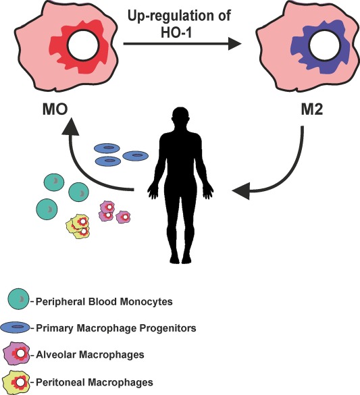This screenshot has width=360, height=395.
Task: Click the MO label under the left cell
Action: [x=55, y=110]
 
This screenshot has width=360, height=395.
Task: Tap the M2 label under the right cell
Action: [x=312, y=110]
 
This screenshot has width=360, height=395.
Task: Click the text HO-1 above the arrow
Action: [x=176, y=32]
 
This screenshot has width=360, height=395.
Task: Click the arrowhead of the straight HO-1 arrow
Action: [x=235, y=44]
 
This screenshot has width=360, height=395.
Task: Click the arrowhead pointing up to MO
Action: [x=70, y=126]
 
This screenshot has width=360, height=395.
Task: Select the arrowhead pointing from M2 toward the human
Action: [x=241, y=190]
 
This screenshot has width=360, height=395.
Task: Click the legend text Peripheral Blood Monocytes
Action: [x=104, y=302]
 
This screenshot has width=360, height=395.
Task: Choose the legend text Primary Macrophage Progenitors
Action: [x=116, y=328]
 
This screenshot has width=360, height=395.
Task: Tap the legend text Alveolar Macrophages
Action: [x=90, y=354]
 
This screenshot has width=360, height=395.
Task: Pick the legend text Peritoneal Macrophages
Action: [x=95, y=382]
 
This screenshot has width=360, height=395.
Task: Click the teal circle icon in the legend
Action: [x=18, y=299]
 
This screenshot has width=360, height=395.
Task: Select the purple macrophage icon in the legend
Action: [x=16, y=353]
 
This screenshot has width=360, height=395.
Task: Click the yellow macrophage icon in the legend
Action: [x=16, y=382]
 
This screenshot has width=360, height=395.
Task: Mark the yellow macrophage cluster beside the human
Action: [x=78, y=226]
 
